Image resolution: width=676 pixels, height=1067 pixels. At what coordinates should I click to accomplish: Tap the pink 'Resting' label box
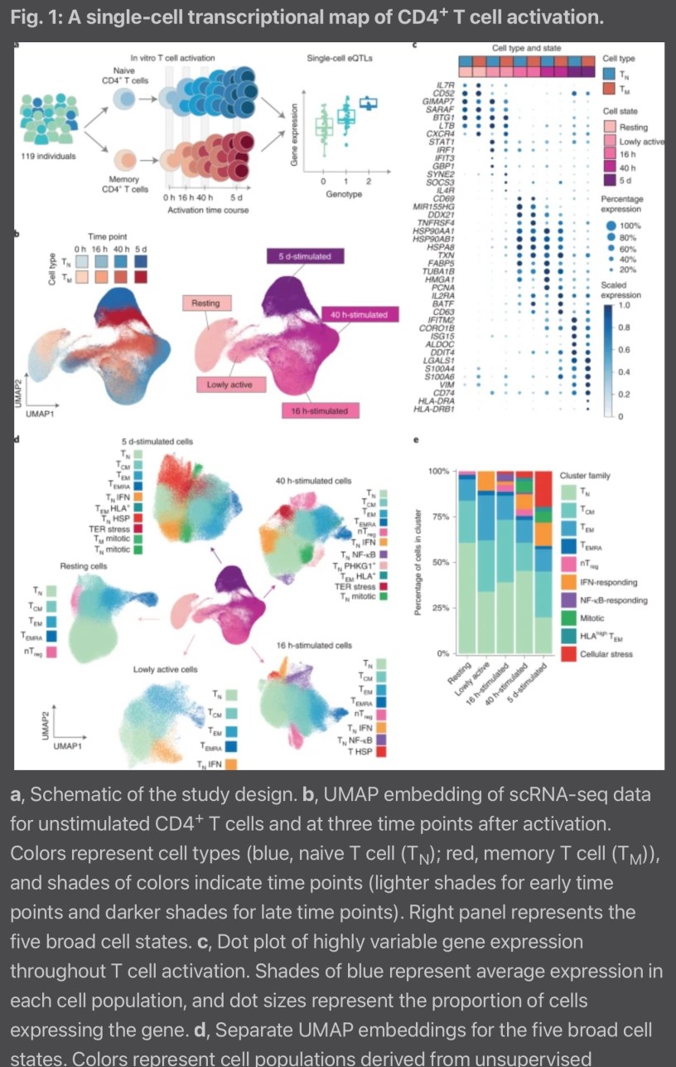coord(205,303)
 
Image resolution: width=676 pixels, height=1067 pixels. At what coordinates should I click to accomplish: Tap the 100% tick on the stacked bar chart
coord(437,471)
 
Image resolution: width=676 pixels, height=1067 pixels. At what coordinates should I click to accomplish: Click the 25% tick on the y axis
coord(439,608)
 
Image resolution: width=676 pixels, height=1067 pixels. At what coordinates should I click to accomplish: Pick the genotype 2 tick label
coord(368,181)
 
